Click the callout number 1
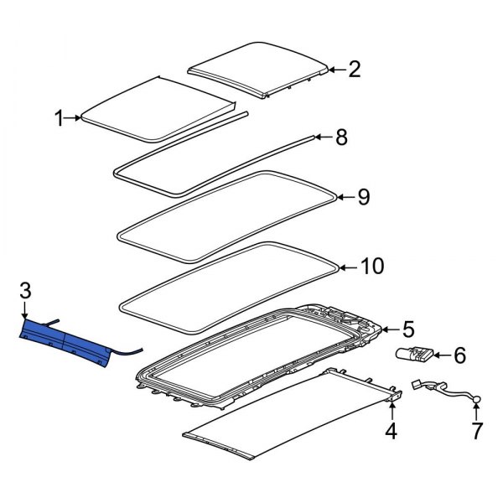click(60, 119)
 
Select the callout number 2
click(354, 70)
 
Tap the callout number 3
click(25, 291)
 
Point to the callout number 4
click(390, 432)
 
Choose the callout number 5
click(407, 328)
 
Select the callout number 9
click(363, 197)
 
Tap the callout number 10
click(371, 267)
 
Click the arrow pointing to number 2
click(333, 70)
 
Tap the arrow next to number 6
click(439, 356)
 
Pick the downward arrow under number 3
click(25, 312)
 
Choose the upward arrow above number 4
click(391, 410)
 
